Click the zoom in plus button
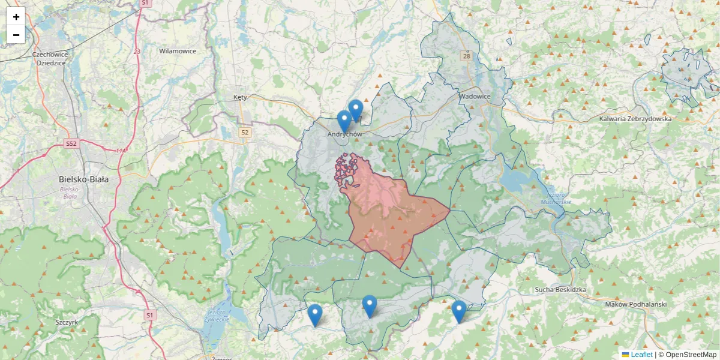coord(16,17)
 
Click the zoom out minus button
coord(16,35)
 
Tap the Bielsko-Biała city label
coord(83,179)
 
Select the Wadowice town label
coord(475,96)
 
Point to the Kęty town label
coord(240,97)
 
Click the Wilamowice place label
coord(178,51)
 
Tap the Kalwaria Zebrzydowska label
coord(635,119)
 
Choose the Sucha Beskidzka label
coord(560,290)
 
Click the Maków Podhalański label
coord(636,304)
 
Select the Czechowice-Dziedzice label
coord(52,58)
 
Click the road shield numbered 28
coord(466,56)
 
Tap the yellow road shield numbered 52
coord(244,132)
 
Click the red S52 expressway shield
coord(71,144)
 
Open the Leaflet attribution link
coord(641,355)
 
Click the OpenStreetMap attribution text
coord(690,355)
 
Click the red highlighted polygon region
coord(390,216)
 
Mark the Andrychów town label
coord(345,134)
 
